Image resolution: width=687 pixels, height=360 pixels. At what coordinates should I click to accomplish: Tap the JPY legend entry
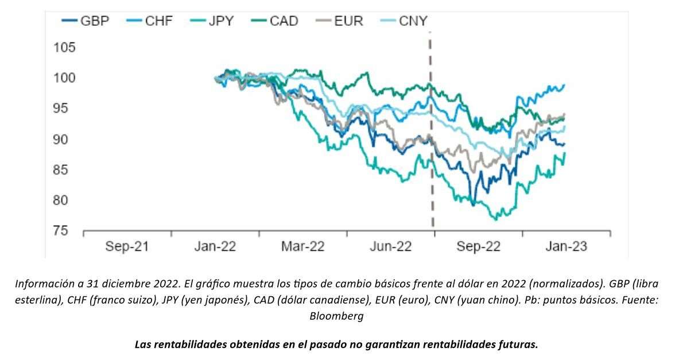[x=215, y=21]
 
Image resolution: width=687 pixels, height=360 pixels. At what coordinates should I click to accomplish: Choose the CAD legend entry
[x=277, y=21]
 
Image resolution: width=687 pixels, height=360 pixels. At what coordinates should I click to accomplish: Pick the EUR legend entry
[x=341, y=21]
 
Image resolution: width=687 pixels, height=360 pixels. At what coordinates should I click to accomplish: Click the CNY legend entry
[x=405, y=21]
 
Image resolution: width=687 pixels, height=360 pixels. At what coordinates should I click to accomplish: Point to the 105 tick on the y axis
[x=64, y=47]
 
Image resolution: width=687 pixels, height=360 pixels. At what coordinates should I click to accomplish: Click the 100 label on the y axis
[x=64, y=78]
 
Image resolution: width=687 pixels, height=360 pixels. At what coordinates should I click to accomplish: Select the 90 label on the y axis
[x=64, y=139]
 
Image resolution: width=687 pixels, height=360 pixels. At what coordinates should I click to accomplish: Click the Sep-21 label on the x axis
[x=127, y=246]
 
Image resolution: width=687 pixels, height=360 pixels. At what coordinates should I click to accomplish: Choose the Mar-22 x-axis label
[x=303, y=246]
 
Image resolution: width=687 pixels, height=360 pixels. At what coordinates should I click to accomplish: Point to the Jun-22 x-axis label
[x=391, y=246]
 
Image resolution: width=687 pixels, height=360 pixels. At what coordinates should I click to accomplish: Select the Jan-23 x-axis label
[x=566, y=246]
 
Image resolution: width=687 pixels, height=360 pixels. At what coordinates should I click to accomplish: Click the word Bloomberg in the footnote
[x=336, y=316]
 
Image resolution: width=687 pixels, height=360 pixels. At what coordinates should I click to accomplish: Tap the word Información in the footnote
[x=44, y=284]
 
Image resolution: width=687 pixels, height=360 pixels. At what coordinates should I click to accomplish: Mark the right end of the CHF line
[x=565, y=85]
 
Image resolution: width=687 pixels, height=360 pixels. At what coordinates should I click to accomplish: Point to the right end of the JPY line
[x=565, y=153]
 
